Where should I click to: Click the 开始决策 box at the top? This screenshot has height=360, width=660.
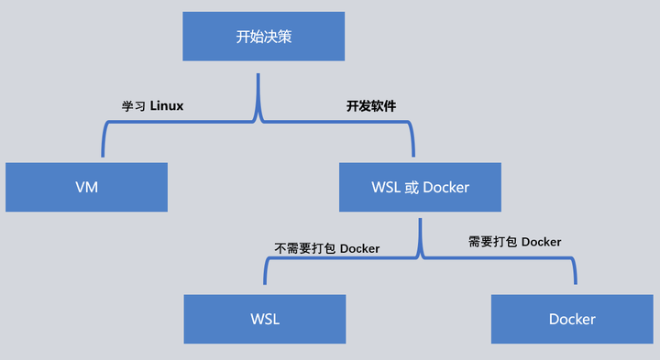pos(265,38)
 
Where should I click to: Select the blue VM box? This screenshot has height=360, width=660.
pos(86,187)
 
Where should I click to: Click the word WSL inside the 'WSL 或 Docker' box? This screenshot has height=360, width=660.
pos(386,188)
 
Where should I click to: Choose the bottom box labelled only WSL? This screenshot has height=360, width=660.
pos(265,319)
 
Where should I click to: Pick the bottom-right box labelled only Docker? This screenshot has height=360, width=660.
pos(572,319)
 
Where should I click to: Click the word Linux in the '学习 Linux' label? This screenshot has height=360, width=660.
pos(167,106)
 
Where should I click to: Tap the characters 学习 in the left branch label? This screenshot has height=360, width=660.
pos(135,106)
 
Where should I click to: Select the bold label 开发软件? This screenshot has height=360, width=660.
pos(371,106)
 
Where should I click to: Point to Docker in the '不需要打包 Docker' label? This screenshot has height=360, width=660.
pos(359,248)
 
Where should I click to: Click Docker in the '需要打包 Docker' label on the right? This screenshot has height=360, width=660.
pos(541,242)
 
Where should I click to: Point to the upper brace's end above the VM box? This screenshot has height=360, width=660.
pos(101,155)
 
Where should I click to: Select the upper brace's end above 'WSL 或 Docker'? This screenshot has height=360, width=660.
pos(417,155)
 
